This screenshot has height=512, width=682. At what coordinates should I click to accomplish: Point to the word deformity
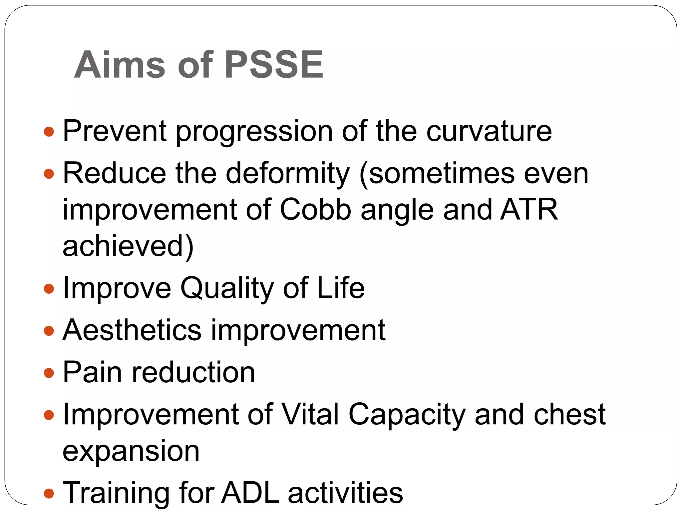[288, 174]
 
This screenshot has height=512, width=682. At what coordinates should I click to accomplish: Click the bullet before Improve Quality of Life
[49, 288]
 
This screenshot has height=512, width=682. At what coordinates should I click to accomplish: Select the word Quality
[227, 288]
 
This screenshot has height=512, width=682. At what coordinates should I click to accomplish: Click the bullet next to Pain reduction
[49, 372]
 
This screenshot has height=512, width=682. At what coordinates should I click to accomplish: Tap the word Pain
[92, 372]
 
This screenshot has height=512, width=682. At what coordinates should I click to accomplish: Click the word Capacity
[407, 415]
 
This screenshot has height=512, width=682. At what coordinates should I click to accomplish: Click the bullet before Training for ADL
[49, 493]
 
